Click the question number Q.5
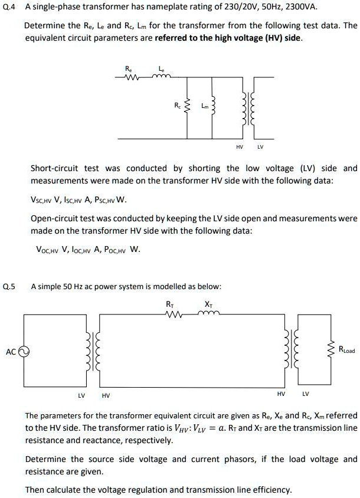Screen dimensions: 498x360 click(x=10, y=286)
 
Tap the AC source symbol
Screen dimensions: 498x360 click(x=24, y=351)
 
